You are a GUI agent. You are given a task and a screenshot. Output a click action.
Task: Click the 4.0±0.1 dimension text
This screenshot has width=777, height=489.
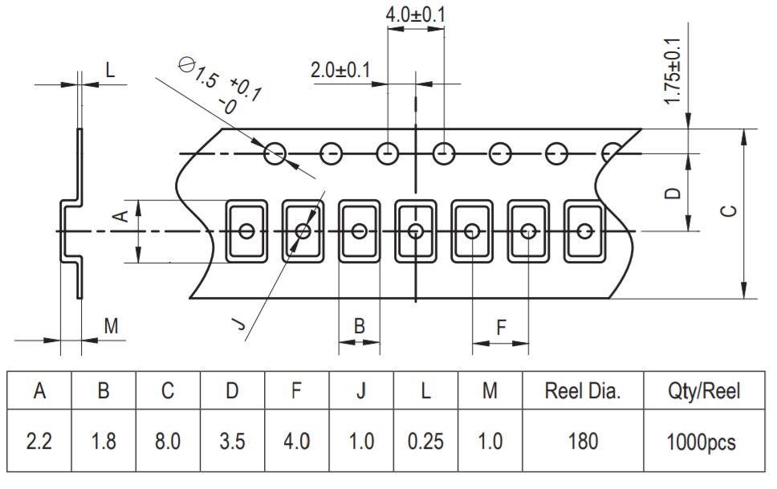[416, 15]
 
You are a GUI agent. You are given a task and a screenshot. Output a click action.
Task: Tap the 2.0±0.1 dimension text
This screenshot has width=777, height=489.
[340, 70]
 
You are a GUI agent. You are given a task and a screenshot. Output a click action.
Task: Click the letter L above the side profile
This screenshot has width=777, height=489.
[110, 70]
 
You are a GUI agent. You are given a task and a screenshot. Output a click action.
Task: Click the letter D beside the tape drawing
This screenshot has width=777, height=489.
[674, 193]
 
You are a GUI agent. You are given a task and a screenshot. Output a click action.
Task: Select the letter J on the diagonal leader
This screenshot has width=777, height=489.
[238, 324]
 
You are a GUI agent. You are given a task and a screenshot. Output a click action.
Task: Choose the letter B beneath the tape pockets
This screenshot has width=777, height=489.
[360, 326]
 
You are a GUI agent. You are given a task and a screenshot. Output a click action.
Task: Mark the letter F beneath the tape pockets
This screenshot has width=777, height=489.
[501, 328]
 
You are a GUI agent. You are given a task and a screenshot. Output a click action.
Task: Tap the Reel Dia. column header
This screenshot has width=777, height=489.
[583, 391]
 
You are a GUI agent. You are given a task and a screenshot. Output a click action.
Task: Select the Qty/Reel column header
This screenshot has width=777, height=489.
[704, 391]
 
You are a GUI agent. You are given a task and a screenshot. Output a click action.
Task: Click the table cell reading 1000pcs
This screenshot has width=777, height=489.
[704, 442]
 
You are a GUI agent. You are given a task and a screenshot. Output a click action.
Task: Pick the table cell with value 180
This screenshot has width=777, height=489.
[583, 442]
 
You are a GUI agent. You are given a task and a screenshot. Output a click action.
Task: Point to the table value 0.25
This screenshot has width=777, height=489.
[425, 442]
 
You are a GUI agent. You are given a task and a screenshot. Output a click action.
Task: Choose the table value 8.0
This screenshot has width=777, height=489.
[168, 442]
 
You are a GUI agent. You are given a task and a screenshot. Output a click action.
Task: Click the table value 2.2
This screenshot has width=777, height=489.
[39, 442]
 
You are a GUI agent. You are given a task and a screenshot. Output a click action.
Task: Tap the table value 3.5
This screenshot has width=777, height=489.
[232, 442]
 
